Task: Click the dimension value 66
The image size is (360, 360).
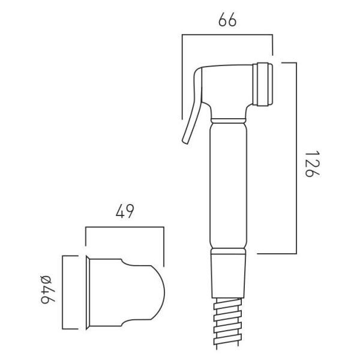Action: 227,20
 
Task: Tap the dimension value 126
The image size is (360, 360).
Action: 312,164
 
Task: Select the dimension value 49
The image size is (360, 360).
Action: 125,211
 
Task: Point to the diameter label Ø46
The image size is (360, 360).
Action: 48,289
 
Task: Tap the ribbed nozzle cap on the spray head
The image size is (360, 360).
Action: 263,84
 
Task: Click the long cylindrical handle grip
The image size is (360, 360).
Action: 229,185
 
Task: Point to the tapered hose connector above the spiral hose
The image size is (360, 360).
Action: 229,276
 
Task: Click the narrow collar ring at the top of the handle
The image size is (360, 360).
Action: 229,121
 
